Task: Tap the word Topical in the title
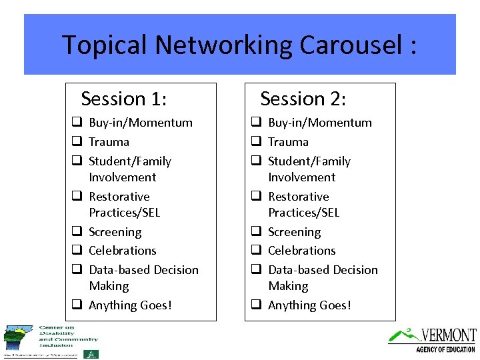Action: point(106,45)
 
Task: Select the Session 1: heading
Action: point(123,99)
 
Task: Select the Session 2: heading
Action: point(303,99)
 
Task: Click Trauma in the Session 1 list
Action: point(109,142)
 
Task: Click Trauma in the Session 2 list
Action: point(288,142)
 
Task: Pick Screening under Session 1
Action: point(115,232)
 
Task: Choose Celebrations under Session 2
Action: point(301,251)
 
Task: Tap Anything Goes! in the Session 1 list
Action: point(130,305)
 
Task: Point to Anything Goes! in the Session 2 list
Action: point(309,305)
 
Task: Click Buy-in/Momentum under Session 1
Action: point(140,123)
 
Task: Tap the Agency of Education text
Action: point(445,349)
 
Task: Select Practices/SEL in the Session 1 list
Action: point(124,213)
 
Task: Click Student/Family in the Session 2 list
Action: point(309,161)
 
